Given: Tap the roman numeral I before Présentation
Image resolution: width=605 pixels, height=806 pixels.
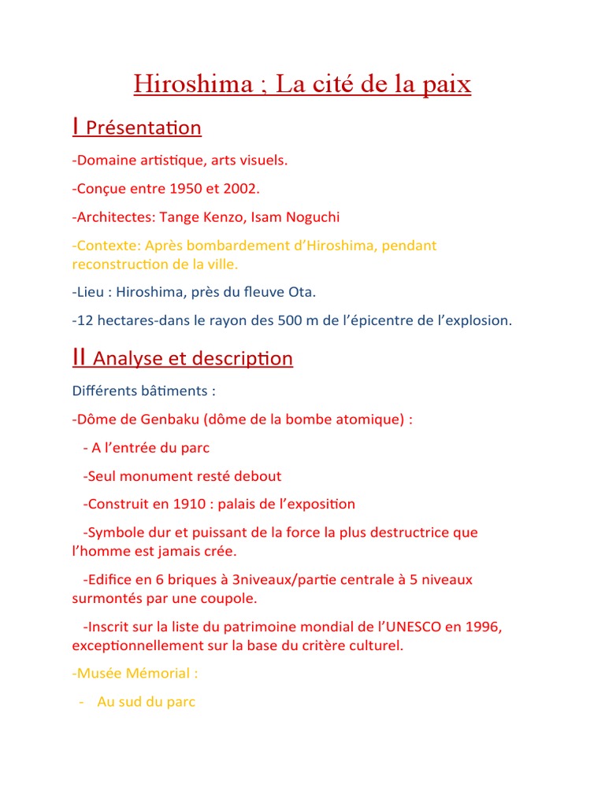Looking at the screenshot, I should pyautogui.click(x=75, y=126).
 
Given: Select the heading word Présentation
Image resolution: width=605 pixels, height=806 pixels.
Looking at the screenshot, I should pyautogui.click(x=143, y=128).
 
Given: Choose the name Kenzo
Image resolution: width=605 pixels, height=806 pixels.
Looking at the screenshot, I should pyautogui.click(x=230, y=216).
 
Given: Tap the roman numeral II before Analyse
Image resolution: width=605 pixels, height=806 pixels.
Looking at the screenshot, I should pyautogui.click(x=79, y=357).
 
